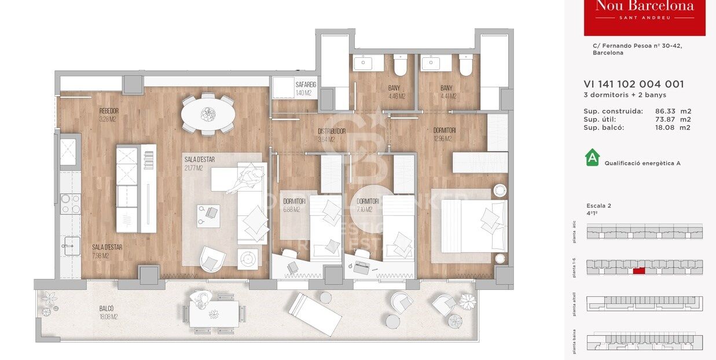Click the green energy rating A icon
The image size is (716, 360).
tap(592, 157)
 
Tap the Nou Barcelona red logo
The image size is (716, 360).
tap(644, 16)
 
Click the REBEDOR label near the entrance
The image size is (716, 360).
tap(108, 111)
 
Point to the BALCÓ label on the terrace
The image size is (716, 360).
tap(106, 308)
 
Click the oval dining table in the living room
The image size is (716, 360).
tap(208, 114)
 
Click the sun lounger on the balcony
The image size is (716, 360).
tap(315, 313)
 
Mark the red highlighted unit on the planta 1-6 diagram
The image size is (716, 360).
tap(639, 270)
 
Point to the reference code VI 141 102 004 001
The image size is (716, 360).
tap(634, 84)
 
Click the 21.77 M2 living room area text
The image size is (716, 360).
tap(193, 168)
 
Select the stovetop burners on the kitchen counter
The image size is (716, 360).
tap(71, 203)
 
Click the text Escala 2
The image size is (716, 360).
tap(598, 205)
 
